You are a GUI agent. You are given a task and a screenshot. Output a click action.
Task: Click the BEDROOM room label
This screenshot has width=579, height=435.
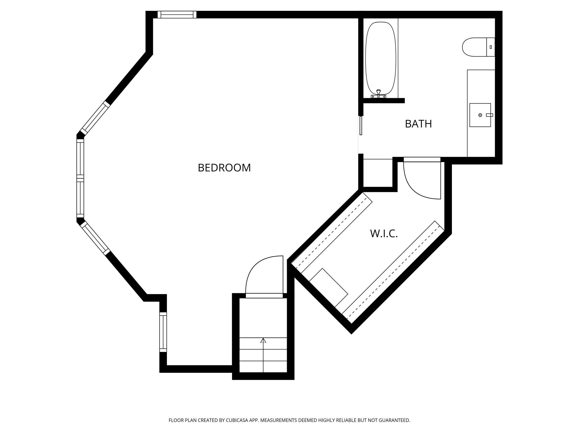(224, 168)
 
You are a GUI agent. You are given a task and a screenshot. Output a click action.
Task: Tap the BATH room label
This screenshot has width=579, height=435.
(418, 124)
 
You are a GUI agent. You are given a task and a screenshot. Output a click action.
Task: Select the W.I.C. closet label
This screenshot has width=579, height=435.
(384, 233)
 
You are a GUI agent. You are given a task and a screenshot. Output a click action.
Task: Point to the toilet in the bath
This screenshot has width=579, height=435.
(479, 47)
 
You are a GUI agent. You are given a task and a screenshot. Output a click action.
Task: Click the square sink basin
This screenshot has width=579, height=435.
(480, 115)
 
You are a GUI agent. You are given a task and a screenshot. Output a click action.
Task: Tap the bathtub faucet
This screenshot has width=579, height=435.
(378, 94)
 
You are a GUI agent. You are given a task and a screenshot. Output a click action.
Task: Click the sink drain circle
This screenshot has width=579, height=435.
(480, 115)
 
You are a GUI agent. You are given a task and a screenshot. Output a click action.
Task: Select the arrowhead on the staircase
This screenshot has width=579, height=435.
(263, 341)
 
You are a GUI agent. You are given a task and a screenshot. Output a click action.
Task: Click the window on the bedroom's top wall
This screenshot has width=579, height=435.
(177, 14)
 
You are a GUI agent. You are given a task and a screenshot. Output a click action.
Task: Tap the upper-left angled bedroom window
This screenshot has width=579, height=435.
(95, 118)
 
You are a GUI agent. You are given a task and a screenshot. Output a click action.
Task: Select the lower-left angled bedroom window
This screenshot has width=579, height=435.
(95, 238)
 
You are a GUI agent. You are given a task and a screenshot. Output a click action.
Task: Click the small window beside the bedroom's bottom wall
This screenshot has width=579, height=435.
(163, 332)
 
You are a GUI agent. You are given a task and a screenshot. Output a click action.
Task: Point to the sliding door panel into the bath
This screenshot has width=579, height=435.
(361, 125)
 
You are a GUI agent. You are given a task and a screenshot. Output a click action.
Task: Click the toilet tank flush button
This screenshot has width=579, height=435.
(491, 47)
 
